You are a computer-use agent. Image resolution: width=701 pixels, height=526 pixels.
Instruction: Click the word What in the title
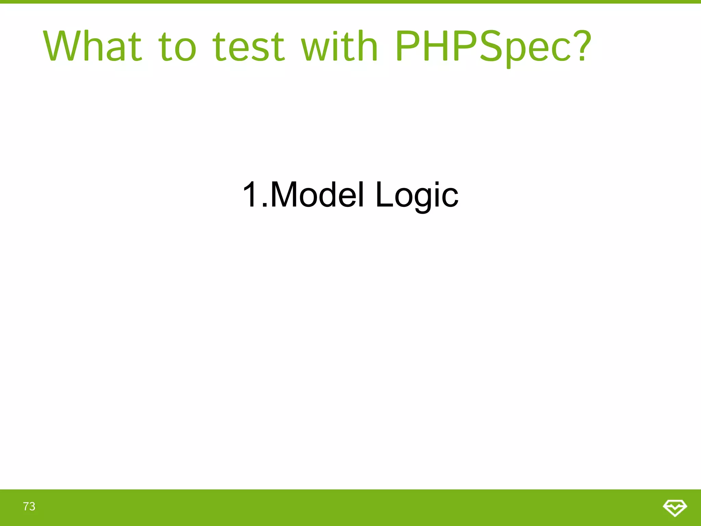92,46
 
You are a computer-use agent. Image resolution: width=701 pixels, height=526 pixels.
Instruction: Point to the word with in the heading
339,46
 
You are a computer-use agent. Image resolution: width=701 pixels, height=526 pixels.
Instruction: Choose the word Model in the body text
317,195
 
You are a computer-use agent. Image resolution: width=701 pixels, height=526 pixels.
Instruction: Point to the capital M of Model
284,195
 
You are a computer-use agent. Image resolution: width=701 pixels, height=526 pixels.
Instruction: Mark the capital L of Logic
384,195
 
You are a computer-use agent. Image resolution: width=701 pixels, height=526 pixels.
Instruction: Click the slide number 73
29,506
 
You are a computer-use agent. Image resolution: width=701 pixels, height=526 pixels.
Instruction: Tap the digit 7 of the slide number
26,506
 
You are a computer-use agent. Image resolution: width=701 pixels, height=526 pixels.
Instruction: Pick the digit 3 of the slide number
32,506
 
